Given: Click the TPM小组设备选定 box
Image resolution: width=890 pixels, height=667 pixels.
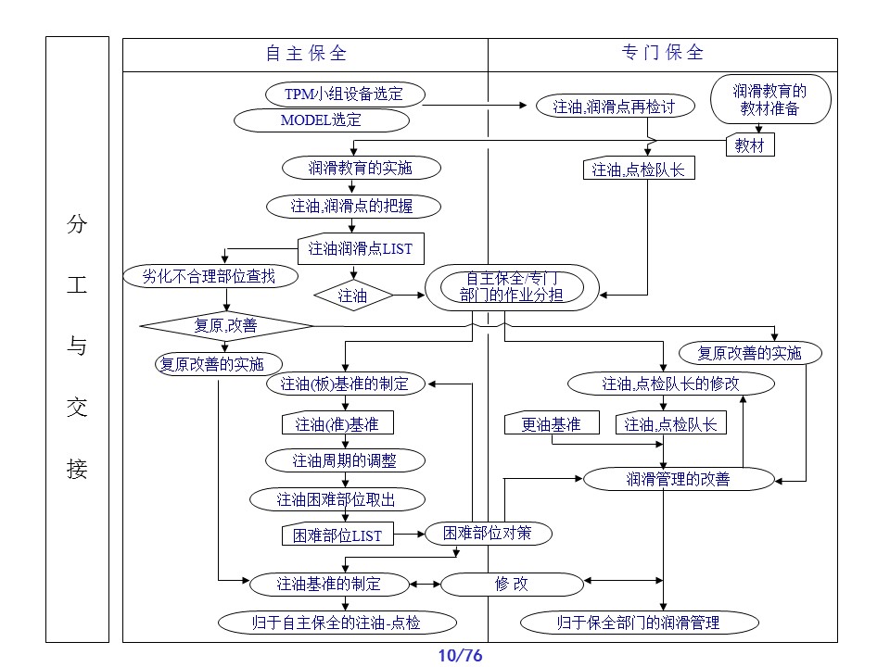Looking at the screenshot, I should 344,94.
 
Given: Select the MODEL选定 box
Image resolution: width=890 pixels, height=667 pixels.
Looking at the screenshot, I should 321,120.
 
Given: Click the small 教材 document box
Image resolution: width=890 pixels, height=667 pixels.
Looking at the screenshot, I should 749,145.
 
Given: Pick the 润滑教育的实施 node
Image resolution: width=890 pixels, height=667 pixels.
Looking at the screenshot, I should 348,168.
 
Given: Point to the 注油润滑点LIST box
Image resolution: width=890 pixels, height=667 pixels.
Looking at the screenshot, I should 360,248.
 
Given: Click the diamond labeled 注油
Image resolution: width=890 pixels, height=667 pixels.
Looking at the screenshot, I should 352,296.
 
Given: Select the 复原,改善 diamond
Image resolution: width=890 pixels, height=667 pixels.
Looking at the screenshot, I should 227,325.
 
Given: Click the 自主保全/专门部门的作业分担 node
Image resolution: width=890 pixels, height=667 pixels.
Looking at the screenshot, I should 512,287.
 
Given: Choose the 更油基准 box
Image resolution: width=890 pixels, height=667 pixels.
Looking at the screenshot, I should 551,424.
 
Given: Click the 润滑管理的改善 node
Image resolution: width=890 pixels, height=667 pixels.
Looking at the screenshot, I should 678,479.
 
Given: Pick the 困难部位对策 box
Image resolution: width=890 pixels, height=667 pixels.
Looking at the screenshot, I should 486,533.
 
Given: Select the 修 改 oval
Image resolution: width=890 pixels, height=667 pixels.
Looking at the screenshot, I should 511,584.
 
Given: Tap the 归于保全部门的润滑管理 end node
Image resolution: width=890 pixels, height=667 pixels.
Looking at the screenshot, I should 638,623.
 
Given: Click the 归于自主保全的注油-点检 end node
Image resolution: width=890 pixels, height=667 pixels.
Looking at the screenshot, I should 336,623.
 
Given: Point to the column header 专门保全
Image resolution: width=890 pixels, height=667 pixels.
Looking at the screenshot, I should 662,53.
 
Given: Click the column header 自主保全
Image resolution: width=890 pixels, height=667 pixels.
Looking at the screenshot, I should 306,54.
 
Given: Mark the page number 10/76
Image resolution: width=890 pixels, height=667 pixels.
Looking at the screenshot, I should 460,656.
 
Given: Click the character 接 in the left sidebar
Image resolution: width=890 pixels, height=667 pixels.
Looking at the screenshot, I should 76,470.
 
